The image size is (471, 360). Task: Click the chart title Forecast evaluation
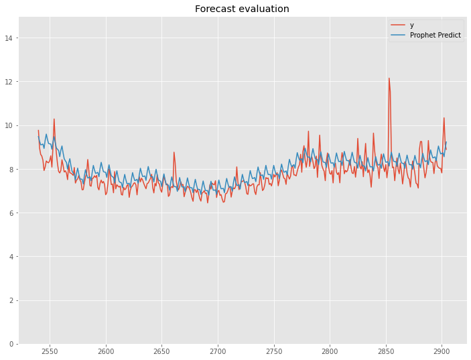(x=242, y=9)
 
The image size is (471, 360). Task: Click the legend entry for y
(x=411, y=25)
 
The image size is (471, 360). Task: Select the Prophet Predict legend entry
(x=435, y=35)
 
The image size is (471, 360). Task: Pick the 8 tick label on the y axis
(x=13, y=170)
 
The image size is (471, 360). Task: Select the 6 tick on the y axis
(x=13, y=213)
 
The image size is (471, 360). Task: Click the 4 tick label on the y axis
(x=13, y=257)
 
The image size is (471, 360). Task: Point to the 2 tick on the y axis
(x=13, y=300)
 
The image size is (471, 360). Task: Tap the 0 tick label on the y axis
(x=13, y=344)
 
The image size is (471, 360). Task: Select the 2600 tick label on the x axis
(x=106, y=351)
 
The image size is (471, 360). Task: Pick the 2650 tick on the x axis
(x=161, y=351)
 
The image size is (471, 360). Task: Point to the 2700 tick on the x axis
(x=218, y=351)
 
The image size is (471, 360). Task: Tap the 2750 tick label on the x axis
(x=273, y=351)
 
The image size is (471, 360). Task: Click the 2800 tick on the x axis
(x=330, y=351)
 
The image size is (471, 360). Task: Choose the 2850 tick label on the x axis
(x=385, y=351)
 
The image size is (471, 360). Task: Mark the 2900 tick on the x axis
(x=442, y=351)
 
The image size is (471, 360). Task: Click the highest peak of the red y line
(x=389, y=78)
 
